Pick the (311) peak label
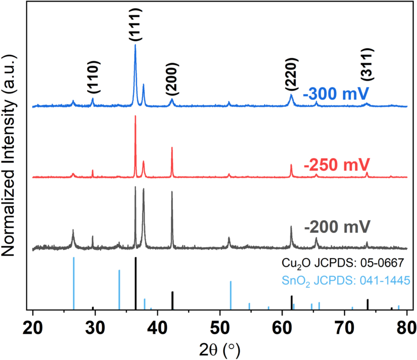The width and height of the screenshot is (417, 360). (x=367, y=64)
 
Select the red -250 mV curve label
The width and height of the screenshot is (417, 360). (x=337, y=166)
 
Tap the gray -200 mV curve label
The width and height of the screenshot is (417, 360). (x=337, y=229)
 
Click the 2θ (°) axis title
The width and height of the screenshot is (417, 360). (x=220, y=347)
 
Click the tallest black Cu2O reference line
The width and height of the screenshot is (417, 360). (x=136, y=284)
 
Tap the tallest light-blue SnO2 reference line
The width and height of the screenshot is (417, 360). (x=74, y=284)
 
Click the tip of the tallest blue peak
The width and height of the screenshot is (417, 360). (x=135, y=45)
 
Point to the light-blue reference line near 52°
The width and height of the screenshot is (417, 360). (x=231, y=295)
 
